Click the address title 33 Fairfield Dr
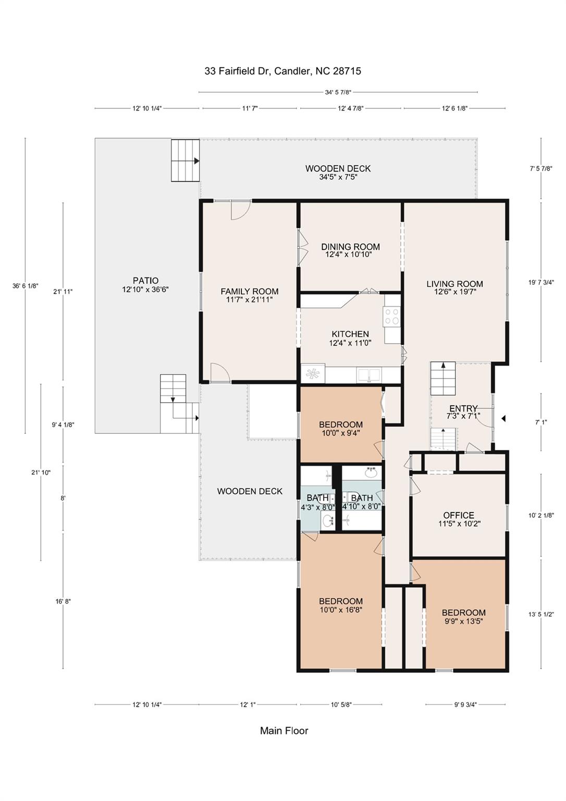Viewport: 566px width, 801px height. pos(282,71)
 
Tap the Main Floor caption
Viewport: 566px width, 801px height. pos(284,731)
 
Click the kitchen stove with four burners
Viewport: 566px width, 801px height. pos(392,317)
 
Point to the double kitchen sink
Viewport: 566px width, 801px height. pos(369,374)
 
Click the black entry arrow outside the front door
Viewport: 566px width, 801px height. pos(503,418)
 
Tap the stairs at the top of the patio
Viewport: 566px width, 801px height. pos(185,160)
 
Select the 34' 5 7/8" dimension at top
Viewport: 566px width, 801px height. pos(338,92)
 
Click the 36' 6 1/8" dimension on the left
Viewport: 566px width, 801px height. pos(26,286)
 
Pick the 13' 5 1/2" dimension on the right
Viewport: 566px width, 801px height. pos(541,614)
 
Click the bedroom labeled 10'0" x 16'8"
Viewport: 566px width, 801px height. pos(341,605)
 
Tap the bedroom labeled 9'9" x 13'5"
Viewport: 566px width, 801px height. pos(463,616)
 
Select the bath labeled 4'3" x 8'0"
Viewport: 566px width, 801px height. pos(317,502)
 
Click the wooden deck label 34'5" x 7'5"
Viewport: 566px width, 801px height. pos(338,173)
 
